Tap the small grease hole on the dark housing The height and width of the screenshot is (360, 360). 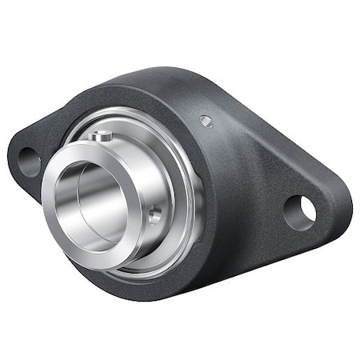coord(206,121)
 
